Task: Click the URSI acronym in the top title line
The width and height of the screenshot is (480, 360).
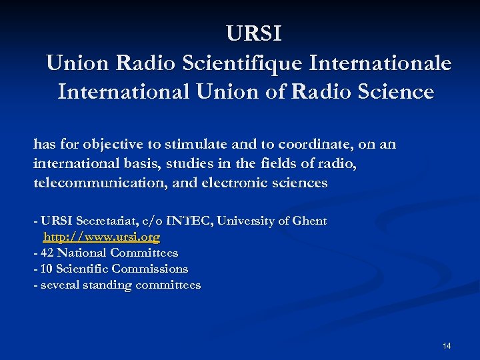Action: coord(254,33)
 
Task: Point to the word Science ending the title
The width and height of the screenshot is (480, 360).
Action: coord(396,91)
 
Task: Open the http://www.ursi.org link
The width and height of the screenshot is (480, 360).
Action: coord(101,237)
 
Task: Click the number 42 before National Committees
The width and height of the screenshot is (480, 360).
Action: coord(47,253)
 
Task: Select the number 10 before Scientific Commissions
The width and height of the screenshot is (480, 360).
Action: coord(47,269)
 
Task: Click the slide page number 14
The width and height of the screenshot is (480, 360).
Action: coord(447,346)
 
